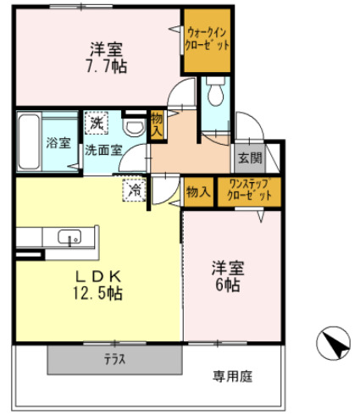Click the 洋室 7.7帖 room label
(x=105, y=56)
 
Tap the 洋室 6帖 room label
(x=227, y=277)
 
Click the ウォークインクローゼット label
(x=207, y=39)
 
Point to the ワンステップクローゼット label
(x=250, y=191)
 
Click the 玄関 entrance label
(x=250, y=157)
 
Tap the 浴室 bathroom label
(x=57, y=141)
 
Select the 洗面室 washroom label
(x=102, y=150)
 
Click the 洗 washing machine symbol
(x=97, y=124)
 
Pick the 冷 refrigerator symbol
(x=134, y=190)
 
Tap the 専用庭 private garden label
(x=231, y=375)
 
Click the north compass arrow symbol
(x=331, y=344)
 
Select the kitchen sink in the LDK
(x=69, y=237)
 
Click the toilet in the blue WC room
(x=214, y=91)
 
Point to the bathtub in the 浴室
(x=27, y=141)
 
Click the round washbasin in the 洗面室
(x=133, y=126)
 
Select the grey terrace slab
(x=114, y=359)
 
